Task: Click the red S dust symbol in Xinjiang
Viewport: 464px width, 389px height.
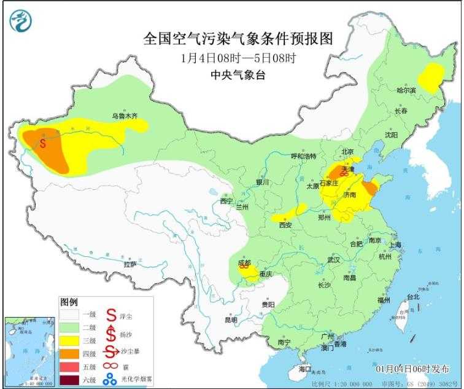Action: click(42, 143)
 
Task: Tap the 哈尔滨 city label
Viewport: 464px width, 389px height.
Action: click(406, 90)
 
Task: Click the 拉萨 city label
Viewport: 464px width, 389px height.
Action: click(130, 264)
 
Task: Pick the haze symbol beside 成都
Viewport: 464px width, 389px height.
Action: click(244, 267)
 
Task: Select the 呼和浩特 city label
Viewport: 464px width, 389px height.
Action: click(303, 156)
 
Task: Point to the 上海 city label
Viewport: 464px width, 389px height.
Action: click(395, 245)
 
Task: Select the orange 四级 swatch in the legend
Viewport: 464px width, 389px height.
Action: click(69, 353)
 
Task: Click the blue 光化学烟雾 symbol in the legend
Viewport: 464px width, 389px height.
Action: click(110, 379)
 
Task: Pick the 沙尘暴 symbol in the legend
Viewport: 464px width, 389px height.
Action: click(110, 351)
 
